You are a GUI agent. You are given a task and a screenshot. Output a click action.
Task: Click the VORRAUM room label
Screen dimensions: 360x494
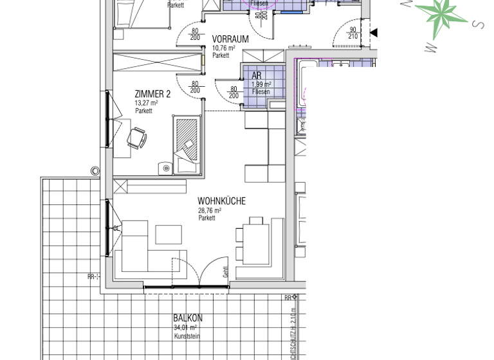click(230, 39)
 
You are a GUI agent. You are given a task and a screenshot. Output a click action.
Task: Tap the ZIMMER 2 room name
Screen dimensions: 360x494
click(152, 94)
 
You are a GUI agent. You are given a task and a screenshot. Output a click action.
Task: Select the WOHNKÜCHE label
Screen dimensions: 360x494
click(221, 201)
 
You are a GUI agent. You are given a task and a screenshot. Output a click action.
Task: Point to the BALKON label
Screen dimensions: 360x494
click(188, 318)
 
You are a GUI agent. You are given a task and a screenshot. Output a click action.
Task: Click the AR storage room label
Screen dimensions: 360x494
click(257, 76)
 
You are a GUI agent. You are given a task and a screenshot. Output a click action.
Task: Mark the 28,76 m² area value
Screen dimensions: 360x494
click(210, 210)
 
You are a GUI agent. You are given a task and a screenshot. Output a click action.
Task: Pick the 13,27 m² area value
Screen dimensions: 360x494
click(146, 103)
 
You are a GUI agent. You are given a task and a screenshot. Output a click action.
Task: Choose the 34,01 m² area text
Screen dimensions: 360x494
click(185, 328)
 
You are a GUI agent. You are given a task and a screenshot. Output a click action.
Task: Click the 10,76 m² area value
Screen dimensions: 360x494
click(224, 48)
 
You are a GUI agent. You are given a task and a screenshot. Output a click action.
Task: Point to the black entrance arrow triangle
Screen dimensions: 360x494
click(373, 33)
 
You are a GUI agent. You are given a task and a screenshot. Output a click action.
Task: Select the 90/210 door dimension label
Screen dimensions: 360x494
click(352, 33)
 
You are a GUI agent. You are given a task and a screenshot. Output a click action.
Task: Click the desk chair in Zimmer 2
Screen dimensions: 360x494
click(137, 138)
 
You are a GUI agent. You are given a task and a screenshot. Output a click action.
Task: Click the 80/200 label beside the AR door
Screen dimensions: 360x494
click(234, 92)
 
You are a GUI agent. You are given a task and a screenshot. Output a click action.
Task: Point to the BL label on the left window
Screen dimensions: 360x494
click(116, 228)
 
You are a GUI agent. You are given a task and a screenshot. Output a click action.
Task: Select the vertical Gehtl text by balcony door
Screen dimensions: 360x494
click(226, 272)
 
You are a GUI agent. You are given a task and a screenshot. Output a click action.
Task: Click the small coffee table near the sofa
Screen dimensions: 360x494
click(168, 233)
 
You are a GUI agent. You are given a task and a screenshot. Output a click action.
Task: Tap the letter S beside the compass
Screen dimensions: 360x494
click(477, 24)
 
